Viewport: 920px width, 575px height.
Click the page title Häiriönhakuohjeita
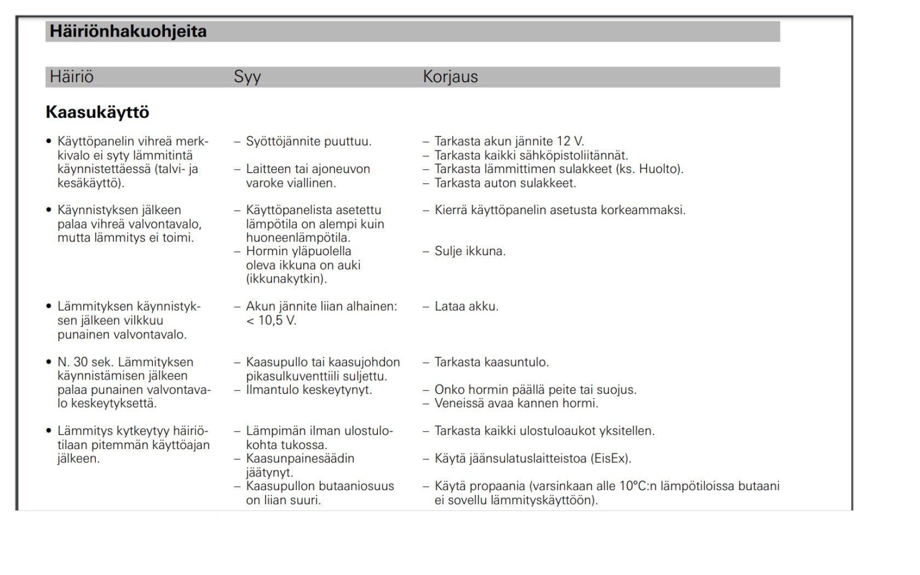tap(128, 31)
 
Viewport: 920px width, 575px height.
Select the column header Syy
tap(247, 77)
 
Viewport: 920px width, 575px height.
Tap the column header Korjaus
tap(450, 77)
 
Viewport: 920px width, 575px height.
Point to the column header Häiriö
tap(72, 77)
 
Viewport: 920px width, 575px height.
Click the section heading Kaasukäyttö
tap(97, 112)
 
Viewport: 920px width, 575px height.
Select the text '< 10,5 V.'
tap(271, 320)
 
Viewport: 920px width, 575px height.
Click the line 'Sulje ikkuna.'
tap(470, 251)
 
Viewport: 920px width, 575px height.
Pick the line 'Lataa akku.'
tap(466, 307)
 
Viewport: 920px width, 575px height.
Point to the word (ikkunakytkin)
tap(286, 279)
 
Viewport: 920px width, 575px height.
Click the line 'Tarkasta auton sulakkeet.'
tap(505, 183)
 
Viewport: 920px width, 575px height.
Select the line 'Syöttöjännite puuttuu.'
tap(308, 141)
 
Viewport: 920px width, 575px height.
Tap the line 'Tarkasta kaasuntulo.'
tap(491, 362)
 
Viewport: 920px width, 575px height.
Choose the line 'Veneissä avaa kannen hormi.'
tap(516, 404)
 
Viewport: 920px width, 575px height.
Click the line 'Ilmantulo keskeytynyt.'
tap(309, 390)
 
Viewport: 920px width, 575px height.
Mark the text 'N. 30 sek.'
tap(85, 362)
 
